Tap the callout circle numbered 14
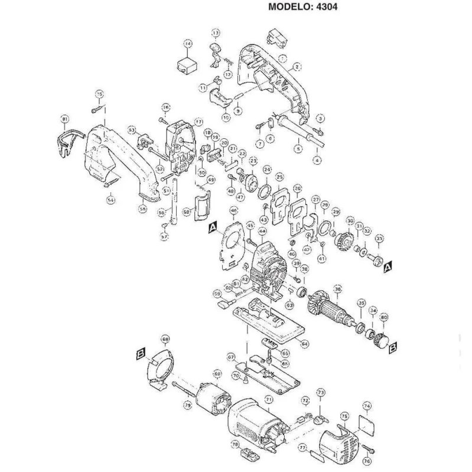point(188,44)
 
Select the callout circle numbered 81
point(65,120)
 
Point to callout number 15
point(99,95)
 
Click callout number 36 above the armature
point(337,289)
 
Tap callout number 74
point(367,406)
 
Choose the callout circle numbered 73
point(321,392)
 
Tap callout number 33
point(379,239)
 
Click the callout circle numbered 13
point(216,32)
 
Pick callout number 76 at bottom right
point(366,461)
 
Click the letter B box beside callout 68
point(141,353)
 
